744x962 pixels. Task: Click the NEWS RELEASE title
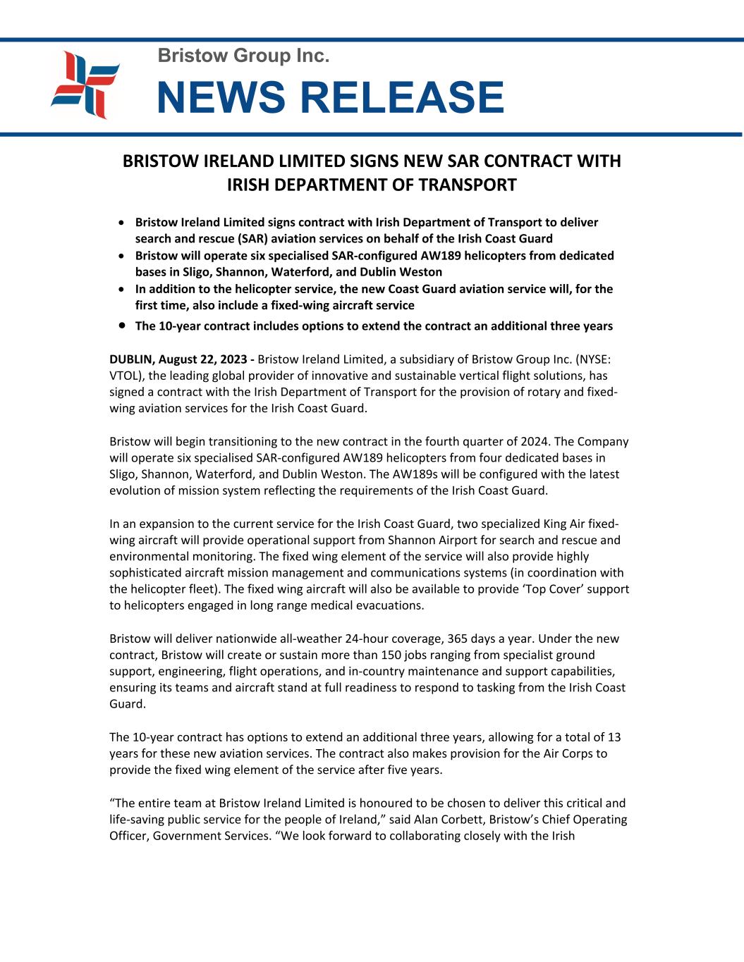(x=330, y=97)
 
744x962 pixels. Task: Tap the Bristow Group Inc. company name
(x=243, y=55)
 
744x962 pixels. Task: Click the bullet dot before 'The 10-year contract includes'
(x=123, y=326)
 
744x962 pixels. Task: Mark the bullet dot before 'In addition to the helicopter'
(x=123, y=289)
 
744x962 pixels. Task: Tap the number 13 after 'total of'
(x=614, y=737)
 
